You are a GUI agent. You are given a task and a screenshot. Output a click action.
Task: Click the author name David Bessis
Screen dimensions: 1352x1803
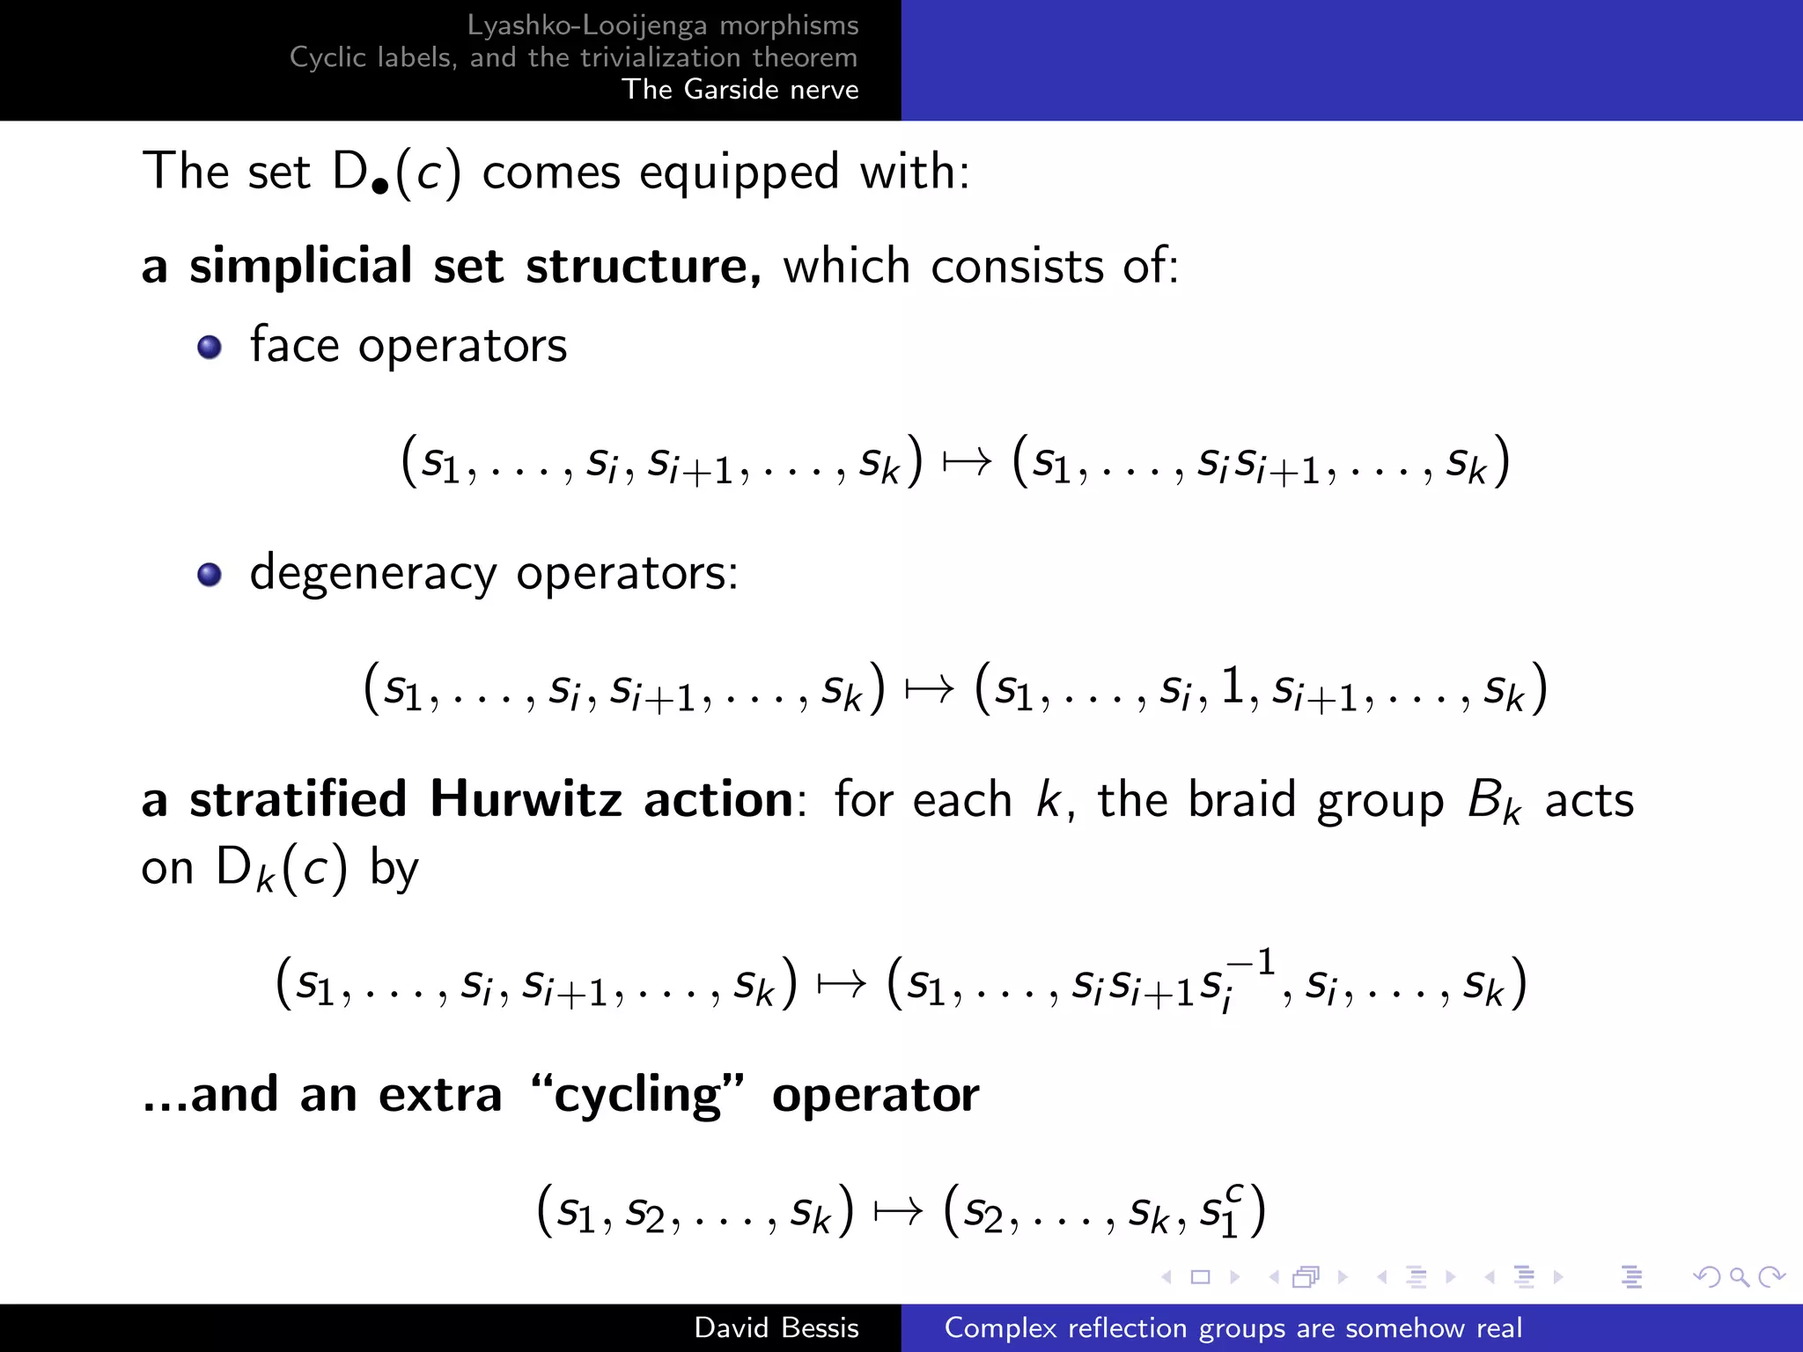pos(776,1327)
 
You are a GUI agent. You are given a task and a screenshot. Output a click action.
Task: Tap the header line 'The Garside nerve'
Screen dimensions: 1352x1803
pos(740,90)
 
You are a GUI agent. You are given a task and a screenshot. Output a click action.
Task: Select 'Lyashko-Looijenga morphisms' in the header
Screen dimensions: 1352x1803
pos(662,26)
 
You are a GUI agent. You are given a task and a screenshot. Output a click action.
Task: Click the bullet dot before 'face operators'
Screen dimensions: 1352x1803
pos(210,347)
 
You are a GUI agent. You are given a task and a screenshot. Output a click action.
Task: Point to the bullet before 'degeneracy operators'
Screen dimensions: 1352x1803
pos(210,575)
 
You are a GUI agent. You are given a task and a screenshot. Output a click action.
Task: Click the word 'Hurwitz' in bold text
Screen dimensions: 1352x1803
pos(526,799)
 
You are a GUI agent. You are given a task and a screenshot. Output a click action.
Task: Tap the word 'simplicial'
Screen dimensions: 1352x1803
pos(300,266)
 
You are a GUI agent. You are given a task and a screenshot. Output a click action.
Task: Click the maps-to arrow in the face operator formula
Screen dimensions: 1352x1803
pos(967,461)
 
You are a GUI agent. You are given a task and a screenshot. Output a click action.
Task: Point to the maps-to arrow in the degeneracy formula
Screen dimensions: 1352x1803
pos(930,689)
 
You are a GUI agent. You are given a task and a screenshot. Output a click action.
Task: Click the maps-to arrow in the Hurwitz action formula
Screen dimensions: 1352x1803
pos(842,983)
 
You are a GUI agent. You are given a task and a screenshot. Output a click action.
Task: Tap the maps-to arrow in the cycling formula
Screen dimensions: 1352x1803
pos(898,1211)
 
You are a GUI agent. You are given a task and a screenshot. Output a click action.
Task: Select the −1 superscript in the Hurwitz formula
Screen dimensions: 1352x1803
pos(1251,961)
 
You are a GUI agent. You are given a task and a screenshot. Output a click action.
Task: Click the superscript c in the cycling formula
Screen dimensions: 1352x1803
pos(1234,1193)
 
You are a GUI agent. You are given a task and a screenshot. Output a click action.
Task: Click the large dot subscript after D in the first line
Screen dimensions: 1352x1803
pos(380,186)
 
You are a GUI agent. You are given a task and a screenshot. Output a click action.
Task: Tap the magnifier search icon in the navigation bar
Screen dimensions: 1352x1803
pos(1739,1276)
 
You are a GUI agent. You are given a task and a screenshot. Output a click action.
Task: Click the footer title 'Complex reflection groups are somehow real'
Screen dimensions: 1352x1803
pos(1233,1327)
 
